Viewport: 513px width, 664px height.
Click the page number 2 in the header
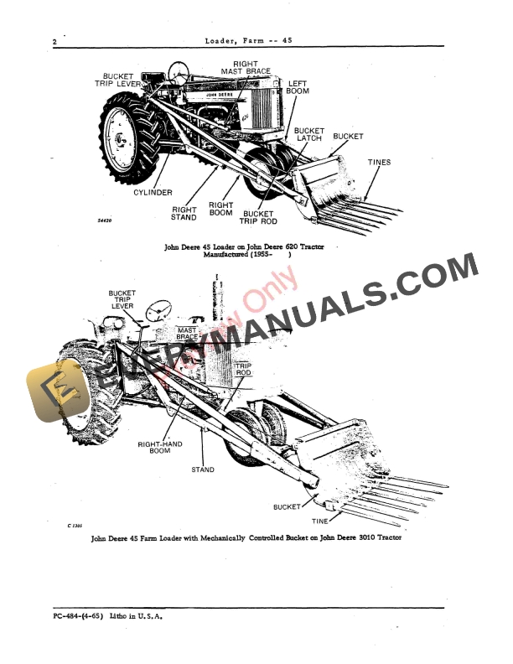click(x=54, y=41)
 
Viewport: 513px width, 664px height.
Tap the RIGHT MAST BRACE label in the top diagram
click(x=246, y=67)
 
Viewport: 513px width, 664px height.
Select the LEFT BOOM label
click(x=298, y=89)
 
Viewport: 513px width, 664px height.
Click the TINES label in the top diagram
click(x=379, y=162)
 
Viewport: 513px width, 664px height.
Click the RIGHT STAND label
click(x=184, y=214)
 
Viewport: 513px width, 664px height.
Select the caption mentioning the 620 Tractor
click(x=244, y=253)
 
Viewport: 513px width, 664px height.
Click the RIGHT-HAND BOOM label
click(x=159, y=450)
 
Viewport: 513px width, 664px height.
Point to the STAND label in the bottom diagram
click(x=203, y=469)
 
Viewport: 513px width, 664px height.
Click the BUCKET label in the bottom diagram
click(x=288, y=507)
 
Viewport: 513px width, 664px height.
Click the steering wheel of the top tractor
click(x=177, y=71)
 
